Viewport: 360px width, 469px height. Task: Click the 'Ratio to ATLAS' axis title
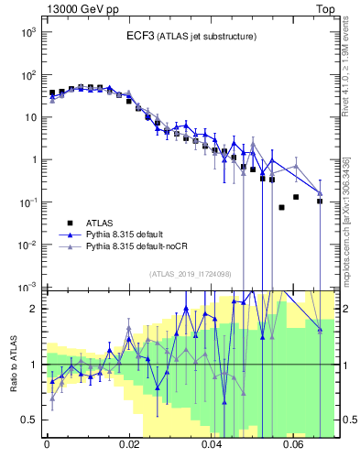pos(13,364)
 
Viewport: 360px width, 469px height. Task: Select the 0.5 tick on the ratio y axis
pos(30,420)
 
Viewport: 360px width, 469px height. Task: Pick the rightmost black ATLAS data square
pos(320,201)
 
